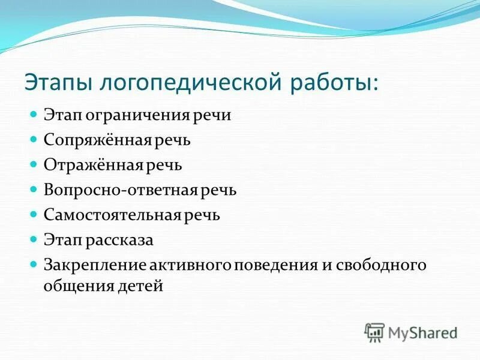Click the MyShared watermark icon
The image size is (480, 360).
[374, 332]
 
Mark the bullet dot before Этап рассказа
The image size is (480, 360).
[35, 239]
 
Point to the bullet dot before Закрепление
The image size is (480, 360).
[35, 264]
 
